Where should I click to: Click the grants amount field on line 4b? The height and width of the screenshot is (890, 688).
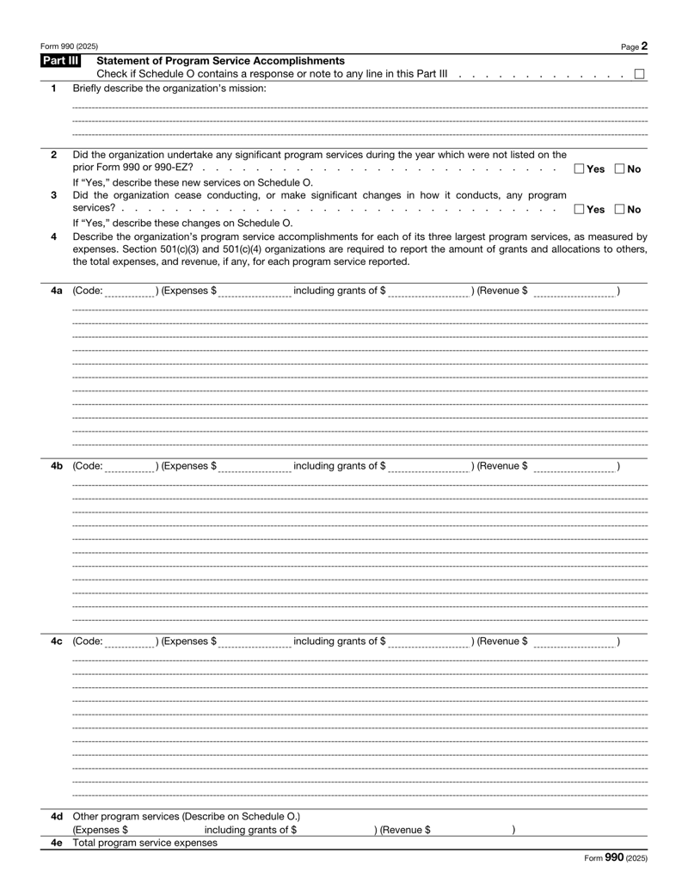point(426,466)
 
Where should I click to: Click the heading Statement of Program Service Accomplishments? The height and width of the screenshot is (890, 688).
point(221,60)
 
